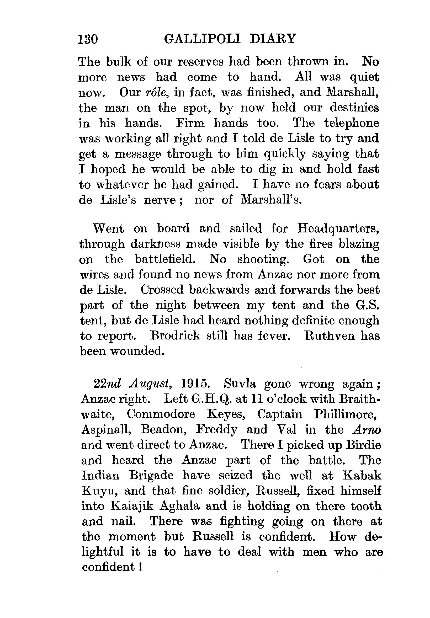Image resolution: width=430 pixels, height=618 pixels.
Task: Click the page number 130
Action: click(88, 39)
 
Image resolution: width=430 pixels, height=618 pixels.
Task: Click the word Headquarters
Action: click(338, 228)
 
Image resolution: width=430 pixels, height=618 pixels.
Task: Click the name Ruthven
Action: click(329, 336)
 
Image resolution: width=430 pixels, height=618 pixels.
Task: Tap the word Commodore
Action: click(161, 414)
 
